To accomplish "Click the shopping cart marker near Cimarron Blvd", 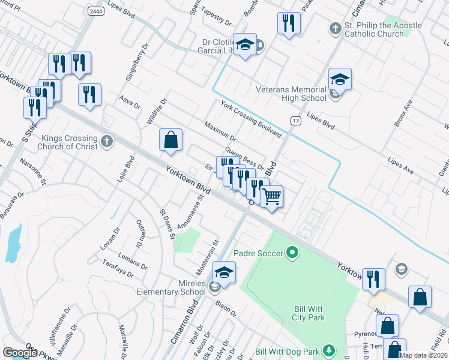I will pos(272,196).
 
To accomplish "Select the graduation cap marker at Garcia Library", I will pos(245,45).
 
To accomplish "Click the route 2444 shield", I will pos(95,11).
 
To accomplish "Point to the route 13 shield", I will pos(295,121).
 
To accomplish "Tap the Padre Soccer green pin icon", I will pos(292,253).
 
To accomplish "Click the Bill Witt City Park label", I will pos(310,313).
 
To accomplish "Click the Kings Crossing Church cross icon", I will pos(106,140).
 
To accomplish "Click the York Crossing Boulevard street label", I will pos(250,118).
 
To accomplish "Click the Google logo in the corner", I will pos(20,353).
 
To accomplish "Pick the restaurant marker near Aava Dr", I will pos(89,94).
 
